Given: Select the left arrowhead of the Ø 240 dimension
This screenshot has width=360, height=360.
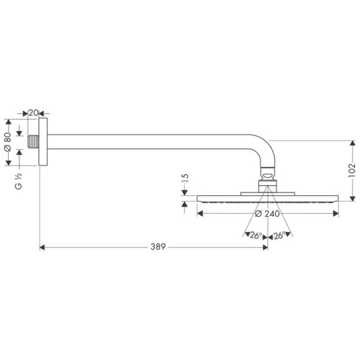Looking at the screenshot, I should click(201, 211).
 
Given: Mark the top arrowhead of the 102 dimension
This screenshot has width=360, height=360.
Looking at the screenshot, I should click(353, 143).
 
